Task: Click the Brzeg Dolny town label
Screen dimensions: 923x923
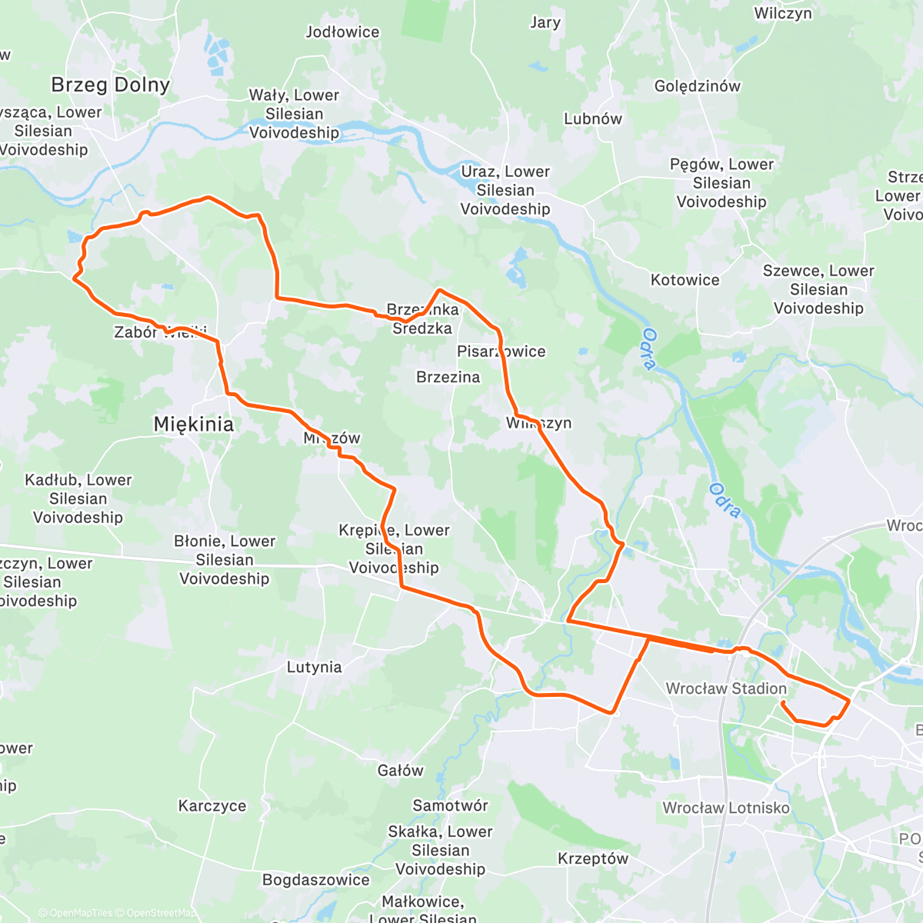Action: pos(110,85)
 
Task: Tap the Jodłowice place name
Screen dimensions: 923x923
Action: pos(342,32)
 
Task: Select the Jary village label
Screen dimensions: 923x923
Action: pos(545,22)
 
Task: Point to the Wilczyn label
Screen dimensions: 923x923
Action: pos(782,13)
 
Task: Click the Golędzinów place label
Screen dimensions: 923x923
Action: pos(697,86)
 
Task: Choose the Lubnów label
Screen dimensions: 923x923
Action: pos(592,119)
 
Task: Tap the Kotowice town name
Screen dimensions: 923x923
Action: pos(685,280)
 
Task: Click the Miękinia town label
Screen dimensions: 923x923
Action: pos(193,424)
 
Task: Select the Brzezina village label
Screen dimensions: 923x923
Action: pos(448,377)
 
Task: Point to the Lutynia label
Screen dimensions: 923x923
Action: pos(314,667)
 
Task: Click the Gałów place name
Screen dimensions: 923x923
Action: pos(400,771)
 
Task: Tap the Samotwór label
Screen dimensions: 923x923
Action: pos(450,805)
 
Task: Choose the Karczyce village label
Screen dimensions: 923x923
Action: pos(212,806)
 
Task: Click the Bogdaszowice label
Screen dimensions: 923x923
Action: pos(315,880)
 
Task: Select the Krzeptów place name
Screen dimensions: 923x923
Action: pos(592,858)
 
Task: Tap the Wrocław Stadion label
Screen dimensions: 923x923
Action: pos(726,688)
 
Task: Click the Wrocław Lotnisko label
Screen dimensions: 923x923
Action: pos(726,808)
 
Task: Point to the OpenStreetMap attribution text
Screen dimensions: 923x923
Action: pos(161,913)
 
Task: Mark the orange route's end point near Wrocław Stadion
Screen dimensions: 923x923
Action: pos(782,703)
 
